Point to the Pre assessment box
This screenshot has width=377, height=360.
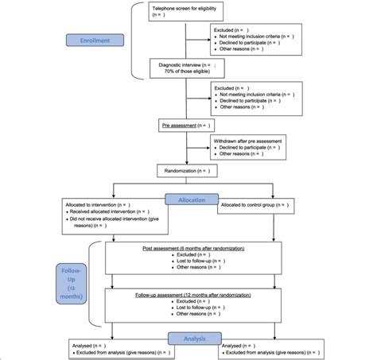pyautogui.click(x=185, y=126)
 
